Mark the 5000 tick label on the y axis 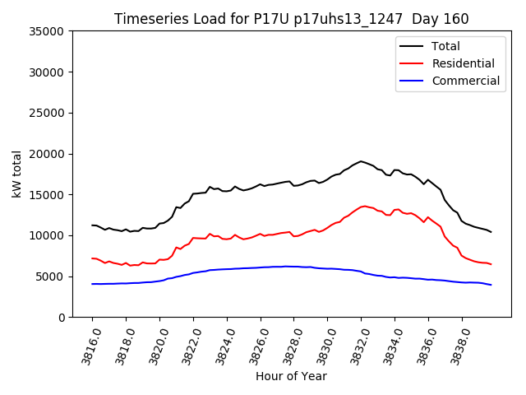click(x=52, y=276)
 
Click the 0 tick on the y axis click(x=62, y=318)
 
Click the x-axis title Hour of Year click(x=291, y=376)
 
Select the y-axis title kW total click(x=17, y=174)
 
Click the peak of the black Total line click(x=361, y=161)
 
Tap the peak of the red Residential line click(x=364, y=207)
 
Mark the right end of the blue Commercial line click(x=491, y=285)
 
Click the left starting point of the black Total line click(x=92, y=225)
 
